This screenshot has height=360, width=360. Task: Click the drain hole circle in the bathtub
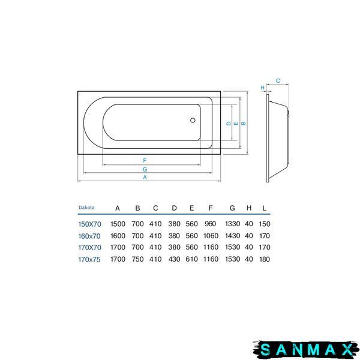tap(193, 120)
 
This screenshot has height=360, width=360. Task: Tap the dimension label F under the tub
tap(145, 160)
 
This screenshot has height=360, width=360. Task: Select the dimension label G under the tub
tap(145, 169)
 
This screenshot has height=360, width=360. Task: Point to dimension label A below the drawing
tap(145, 177)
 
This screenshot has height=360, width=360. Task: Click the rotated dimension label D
tap(229, 123)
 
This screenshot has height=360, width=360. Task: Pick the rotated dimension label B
tap(244, 123)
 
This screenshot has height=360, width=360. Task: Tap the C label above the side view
tap(278, 81)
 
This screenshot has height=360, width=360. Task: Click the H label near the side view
tap(262, 88)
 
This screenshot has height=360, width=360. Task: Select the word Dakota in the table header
tap(86, 208)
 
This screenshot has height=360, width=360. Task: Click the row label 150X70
tap(90, 224)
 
